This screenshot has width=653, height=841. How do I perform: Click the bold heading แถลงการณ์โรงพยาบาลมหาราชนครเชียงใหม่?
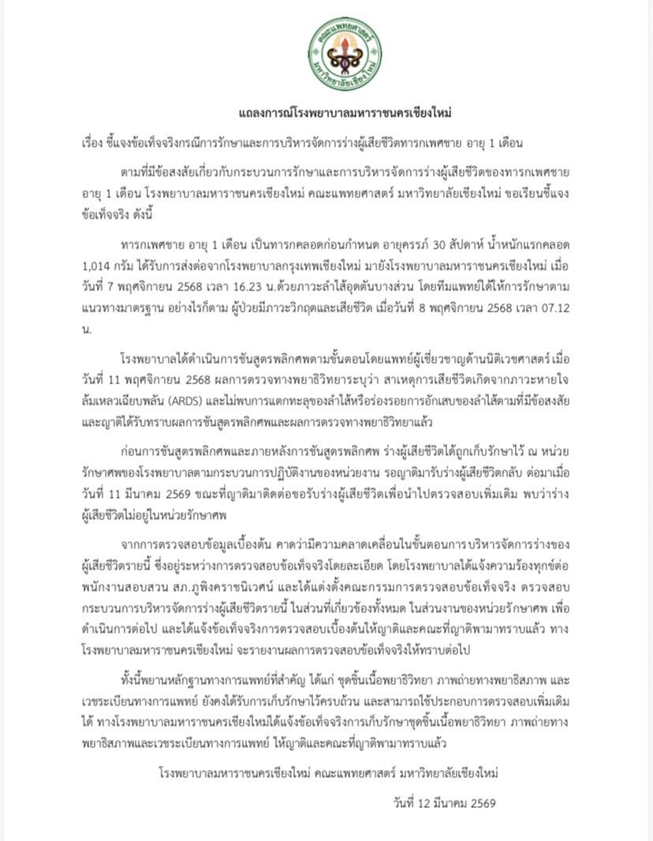345,114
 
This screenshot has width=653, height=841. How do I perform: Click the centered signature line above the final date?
328,774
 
